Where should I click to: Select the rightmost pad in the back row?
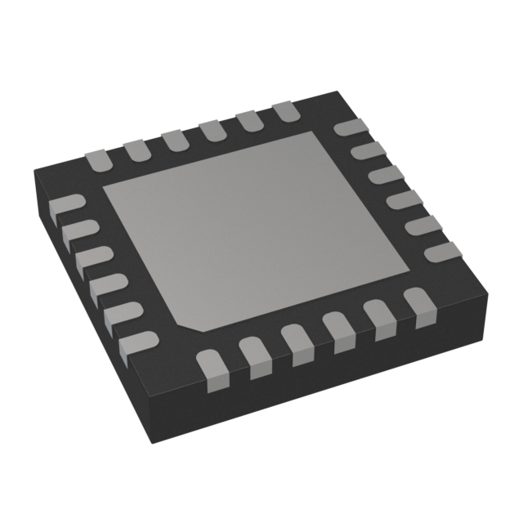[x=285, y=112]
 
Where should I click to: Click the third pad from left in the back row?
[x=173, y=139]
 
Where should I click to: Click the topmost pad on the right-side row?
[x=351, y=128]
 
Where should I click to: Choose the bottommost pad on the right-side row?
[x=442, y=252]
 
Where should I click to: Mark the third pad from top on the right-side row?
[x=385, y=175]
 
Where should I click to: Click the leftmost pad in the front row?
[x=211, y=363]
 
